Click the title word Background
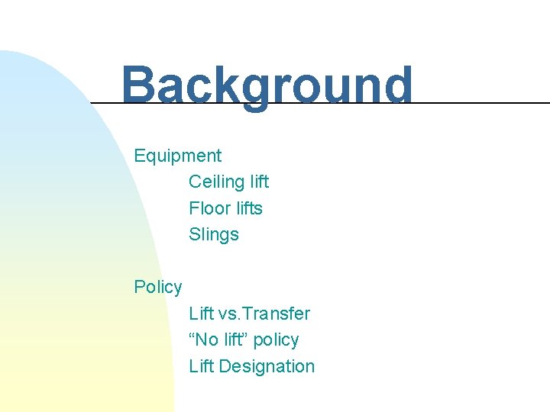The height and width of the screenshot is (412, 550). pyautogui.click(x=267, y=85)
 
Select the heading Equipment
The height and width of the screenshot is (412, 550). pyautogui.click(x=177, y=156)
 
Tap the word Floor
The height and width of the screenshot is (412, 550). pyautogui.click(x=206, y=208)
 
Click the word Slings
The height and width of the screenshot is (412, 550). pyautogui.click(x=214, y=235)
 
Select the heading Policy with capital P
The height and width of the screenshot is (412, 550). pyautogui.click(x=158, y=288)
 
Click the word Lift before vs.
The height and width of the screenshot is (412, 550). pyautogui.click(x=201, y=314)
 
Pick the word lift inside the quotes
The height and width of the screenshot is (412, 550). pyautogui.click(x=235, y=340)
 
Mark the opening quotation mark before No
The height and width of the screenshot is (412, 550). pyautogui.click(x=192, y=336)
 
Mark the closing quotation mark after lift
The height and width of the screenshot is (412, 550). pyautogui.click(x=248, y=336)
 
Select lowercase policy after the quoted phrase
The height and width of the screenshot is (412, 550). pyautogui.click(x=277, y=340)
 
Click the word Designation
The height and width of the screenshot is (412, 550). pyautogui.click(x=267, y=367)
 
